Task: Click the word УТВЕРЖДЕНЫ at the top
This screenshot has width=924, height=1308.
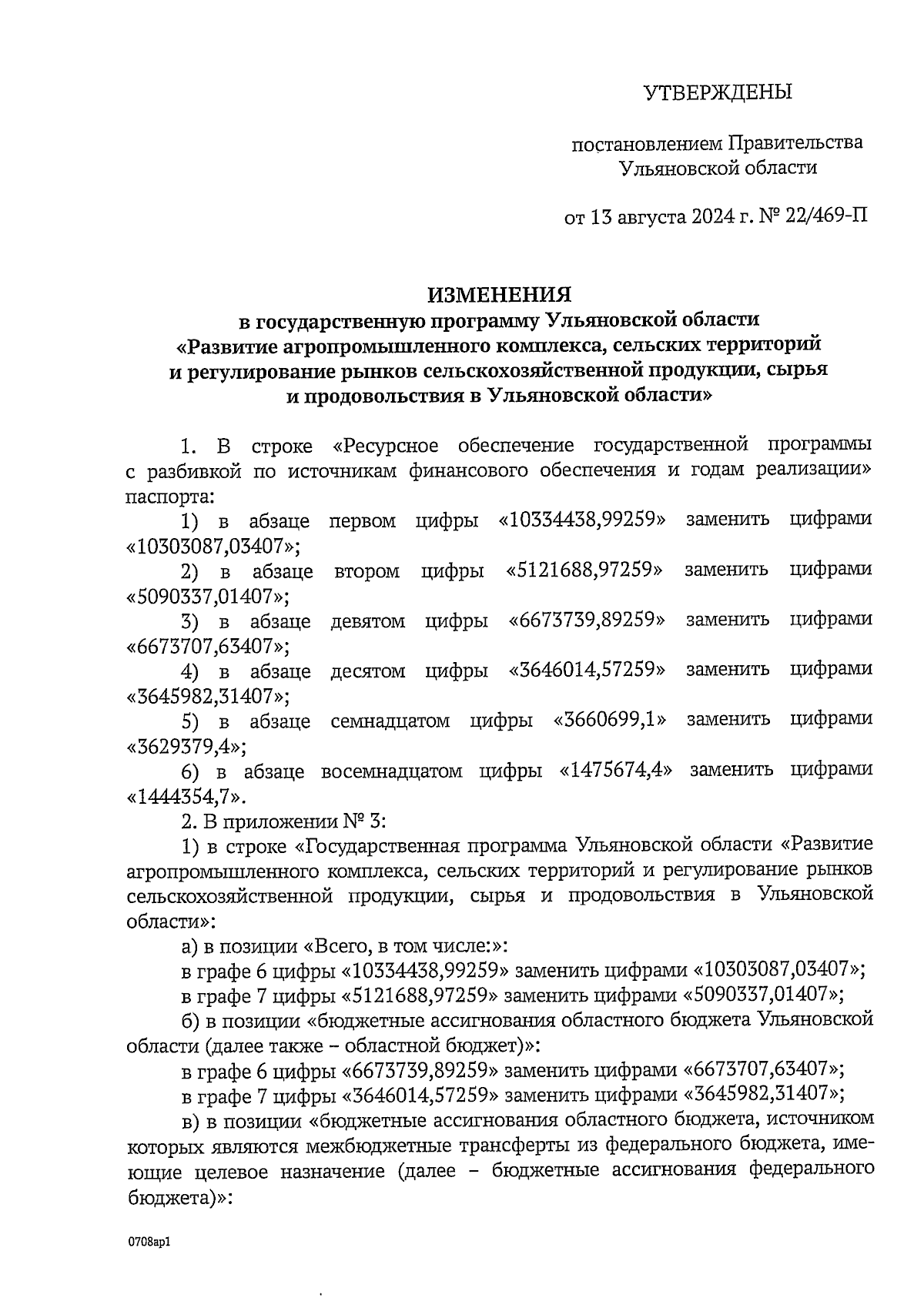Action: click(717, 93)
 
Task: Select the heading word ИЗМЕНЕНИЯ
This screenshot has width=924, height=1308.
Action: click(500, 295)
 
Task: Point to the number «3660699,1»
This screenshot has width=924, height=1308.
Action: click(610, 721)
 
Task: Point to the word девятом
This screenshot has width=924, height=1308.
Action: click(367, 621)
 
